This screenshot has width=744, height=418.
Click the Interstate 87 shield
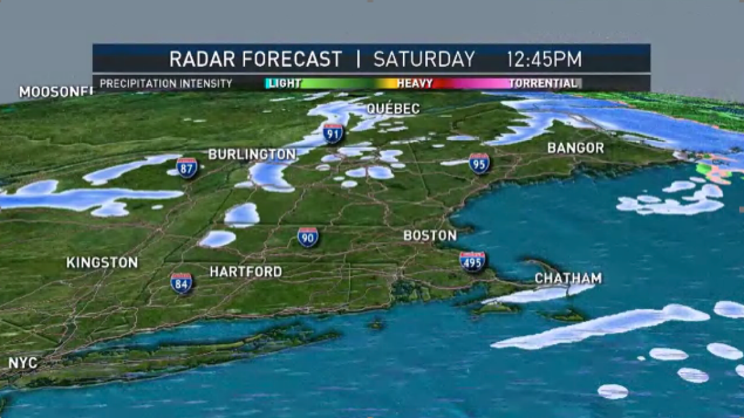[187, 167]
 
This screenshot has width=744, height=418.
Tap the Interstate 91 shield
[333, 133]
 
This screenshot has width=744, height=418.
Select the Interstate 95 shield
[479, 163]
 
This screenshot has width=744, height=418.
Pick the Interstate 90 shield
[308, 237]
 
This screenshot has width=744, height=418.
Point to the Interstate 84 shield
[181, 282]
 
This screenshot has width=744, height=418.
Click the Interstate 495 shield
[472, 261]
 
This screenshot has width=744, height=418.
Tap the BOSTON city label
[430, 235]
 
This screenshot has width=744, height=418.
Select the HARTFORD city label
[246, 272]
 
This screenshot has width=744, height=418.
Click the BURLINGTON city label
[252, 154]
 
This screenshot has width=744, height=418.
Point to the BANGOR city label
[575, 148]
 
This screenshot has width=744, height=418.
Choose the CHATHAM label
[568, 279]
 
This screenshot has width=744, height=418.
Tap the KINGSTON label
[102, 263]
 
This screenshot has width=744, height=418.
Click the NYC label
[23, 363]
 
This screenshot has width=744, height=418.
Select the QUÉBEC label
[393, 109]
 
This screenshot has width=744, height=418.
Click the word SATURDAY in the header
[424, 59]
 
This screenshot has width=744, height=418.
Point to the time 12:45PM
[544, 59]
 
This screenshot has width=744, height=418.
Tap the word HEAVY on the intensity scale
[414, 83]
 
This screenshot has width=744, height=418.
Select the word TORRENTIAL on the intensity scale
[542, 83]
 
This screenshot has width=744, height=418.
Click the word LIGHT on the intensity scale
[285, 83]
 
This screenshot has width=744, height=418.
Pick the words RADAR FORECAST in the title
[255, 59]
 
